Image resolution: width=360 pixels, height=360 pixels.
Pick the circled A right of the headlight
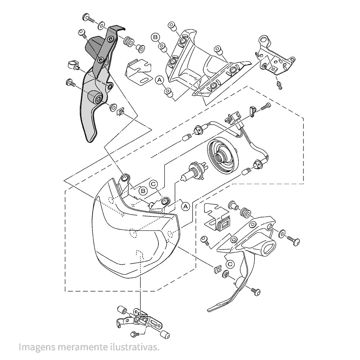coord(185,206)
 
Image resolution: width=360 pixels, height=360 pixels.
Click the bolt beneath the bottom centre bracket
coord(135,334)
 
